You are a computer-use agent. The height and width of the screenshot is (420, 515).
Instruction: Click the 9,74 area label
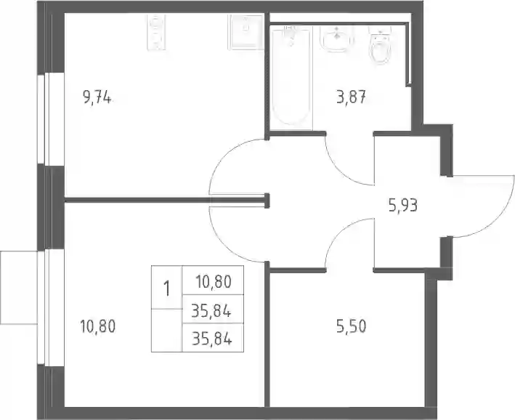pyautogui.click(x=97, y=97)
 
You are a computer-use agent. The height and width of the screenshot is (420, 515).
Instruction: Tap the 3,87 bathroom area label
pyautogui.click(x=351, y=97)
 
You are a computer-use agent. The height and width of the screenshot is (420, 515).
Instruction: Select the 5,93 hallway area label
pyautogui.click(x=403, y=206)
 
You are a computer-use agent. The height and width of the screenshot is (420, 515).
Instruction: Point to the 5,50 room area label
pyautogui.click(x=351, y=327)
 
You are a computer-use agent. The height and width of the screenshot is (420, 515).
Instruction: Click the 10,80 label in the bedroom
pyautogui.click(x=98, y=327)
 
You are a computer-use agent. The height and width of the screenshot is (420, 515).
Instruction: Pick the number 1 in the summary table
pyautogui.click(x=167, y=289)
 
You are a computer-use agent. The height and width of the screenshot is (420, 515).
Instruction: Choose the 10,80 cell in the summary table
pyautogui.click(x=214, y=282)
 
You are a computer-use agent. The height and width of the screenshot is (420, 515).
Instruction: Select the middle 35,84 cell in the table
pyautogui.click(x=212, y=310)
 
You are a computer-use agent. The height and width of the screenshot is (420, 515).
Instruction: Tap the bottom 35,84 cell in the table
pyautogui.click(x=212, y=339)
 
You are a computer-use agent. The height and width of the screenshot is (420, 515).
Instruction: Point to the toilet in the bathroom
pyautogui.click(x=381, y=45)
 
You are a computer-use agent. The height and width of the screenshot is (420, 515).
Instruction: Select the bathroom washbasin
pyautogui.click(x=337, y=39)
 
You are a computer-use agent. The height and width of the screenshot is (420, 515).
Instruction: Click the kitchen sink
pyautogui.click(x=246, y=32)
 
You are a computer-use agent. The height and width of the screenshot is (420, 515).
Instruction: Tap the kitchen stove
pyautogui.click(x=155, y=32)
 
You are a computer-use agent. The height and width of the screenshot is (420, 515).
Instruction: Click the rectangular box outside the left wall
pyautogui.click(x=19, y=288)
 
